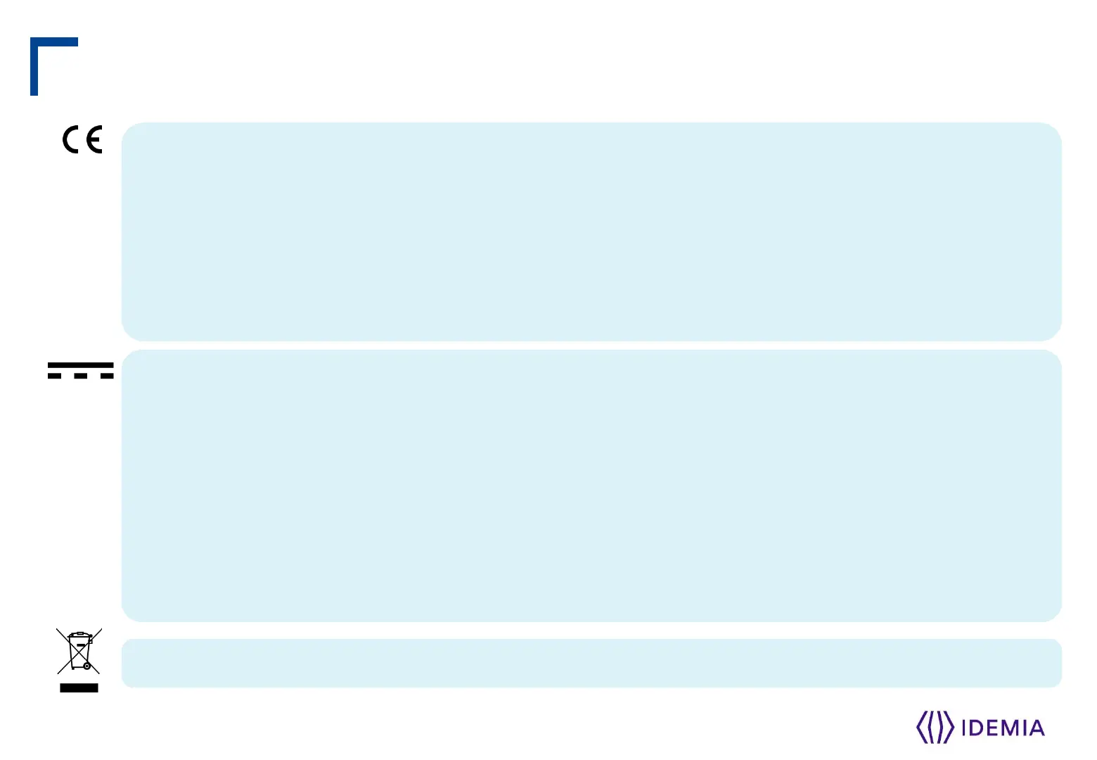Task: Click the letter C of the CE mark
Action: tap(72, 139)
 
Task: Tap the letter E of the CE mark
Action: tap(94, 139)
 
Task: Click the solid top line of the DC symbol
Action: tap(80, 365)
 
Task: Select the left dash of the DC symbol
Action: tap(55, 376)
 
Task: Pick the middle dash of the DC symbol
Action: tap(80, 376)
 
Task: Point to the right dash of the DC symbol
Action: tap(106, 376)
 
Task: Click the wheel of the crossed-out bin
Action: tap(86, 665)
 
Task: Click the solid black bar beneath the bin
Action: tap(79, 688)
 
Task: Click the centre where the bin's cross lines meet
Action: tap(77, 652)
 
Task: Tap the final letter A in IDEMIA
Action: tap(1037, 728)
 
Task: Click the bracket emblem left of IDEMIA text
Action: tap(935, 727)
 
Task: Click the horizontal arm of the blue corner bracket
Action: tap(55, 42)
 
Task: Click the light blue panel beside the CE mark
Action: tap(591, 232)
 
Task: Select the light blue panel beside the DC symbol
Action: tap(591, 486)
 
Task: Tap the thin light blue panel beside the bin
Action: tap(591, 663)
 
